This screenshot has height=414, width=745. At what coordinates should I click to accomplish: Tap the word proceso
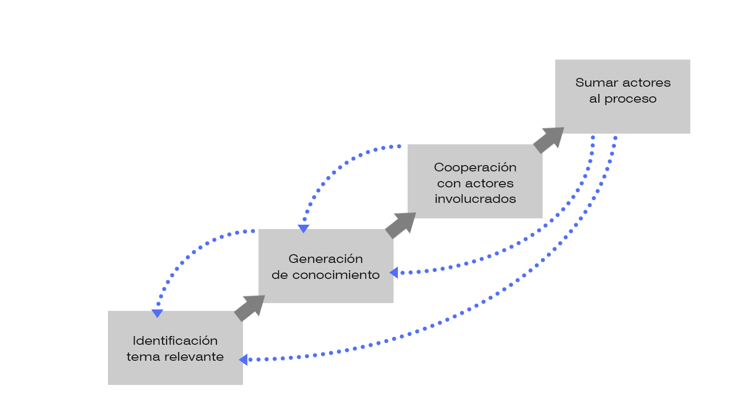click(x=630, y=99)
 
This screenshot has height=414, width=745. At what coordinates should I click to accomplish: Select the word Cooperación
click(x=475, y=168)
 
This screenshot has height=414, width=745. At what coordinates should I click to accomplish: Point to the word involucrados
click(x=475, y=199)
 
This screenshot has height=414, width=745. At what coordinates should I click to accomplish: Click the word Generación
click(x=325, y=259)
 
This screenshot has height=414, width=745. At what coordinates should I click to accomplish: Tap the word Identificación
click(x=175, y=341)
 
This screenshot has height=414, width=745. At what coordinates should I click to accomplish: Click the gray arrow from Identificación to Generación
click(x=250, y=307)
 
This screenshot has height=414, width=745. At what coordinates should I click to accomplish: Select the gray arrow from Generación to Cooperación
click(x=401, y=225)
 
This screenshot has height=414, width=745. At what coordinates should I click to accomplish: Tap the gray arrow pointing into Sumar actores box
click(x=549, y=140)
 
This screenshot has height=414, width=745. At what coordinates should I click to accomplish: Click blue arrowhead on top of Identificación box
click(x=157, y=314)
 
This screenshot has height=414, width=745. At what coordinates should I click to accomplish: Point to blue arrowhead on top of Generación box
click(x=304, y=229)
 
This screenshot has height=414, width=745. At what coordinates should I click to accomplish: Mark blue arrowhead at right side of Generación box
click(x=394, y=273)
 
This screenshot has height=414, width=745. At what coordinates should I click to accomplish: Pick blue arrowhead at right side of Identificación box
click(x=243, y=359)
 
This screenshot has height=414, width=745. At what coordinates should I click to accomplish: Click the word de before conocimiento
click(x=279, y=275)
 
